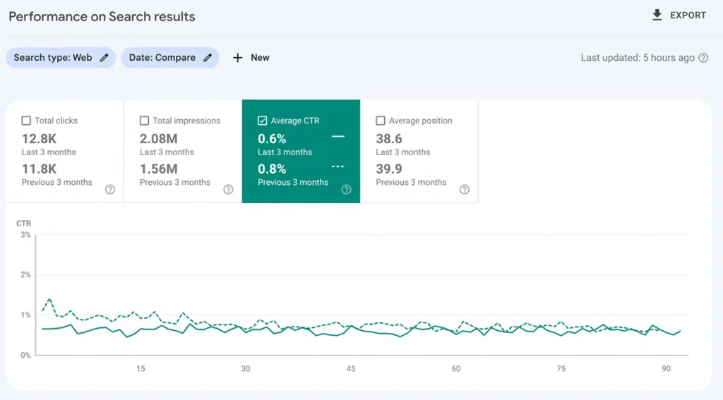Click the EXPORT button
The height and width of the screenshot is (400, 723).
pyautogui.click(x=679, y=16)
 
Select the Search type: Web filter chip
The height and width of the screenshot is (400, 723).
pyautogui.click(x=60, y=58)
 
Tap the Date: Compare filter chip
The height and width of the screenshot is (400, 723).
pyautogui.click(x=169, y=58)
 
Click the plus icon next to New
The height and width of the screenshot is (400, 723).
pyautogui.click(x=238, y=58)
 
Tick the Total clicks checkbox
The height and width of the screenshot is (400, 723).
pyautogui.click(x=26, y=121)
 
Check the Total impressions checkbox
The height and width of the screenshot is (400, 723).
pyautogui.click(x=144, y=121)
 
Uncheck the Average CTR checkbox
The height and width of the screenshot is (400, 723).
pyautogui.click(x=262, y=121)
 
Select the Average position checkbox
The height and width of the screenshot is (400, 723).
pyautogui.click(x=381, y=121)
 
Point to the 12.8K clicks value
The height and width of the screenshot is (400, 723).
pyautogui.click(x=39, y=138)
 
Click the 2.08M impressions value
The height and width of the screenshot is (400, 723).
pyautogui.click(x=159, y=138)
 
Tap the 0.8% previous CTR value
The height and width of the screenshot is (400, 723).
pyautogui.click(x=272, y=169)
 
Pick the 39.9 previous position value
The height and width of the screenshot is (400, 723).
pyautogui.click(x=389, y=169)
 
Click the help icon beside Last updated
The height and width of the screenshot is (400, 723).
pyautogui.click(x=703, y=58)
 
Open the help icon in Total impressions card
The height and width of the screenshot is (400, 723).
pyautogui.click(x=228, y=189)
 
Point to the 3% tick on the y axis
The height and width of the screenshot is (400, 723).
pyautogui.click(x=25, y=235)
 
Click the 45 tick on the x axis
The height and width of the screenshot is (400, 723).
pyautogui.click(x=351, y=369)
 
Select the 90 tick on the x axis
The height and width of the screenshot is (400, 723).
pyautogui.click(x=667, y=369)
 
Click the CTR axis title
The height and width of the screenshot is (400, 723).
pyautogui.click(x=24, y=224)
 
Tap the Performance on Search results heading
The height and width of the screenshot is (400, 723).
pyautogui.click(x=102, y=16)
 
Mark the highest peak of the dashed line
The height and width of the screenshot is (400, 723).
pyautogui.click(x=49, y=299)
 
